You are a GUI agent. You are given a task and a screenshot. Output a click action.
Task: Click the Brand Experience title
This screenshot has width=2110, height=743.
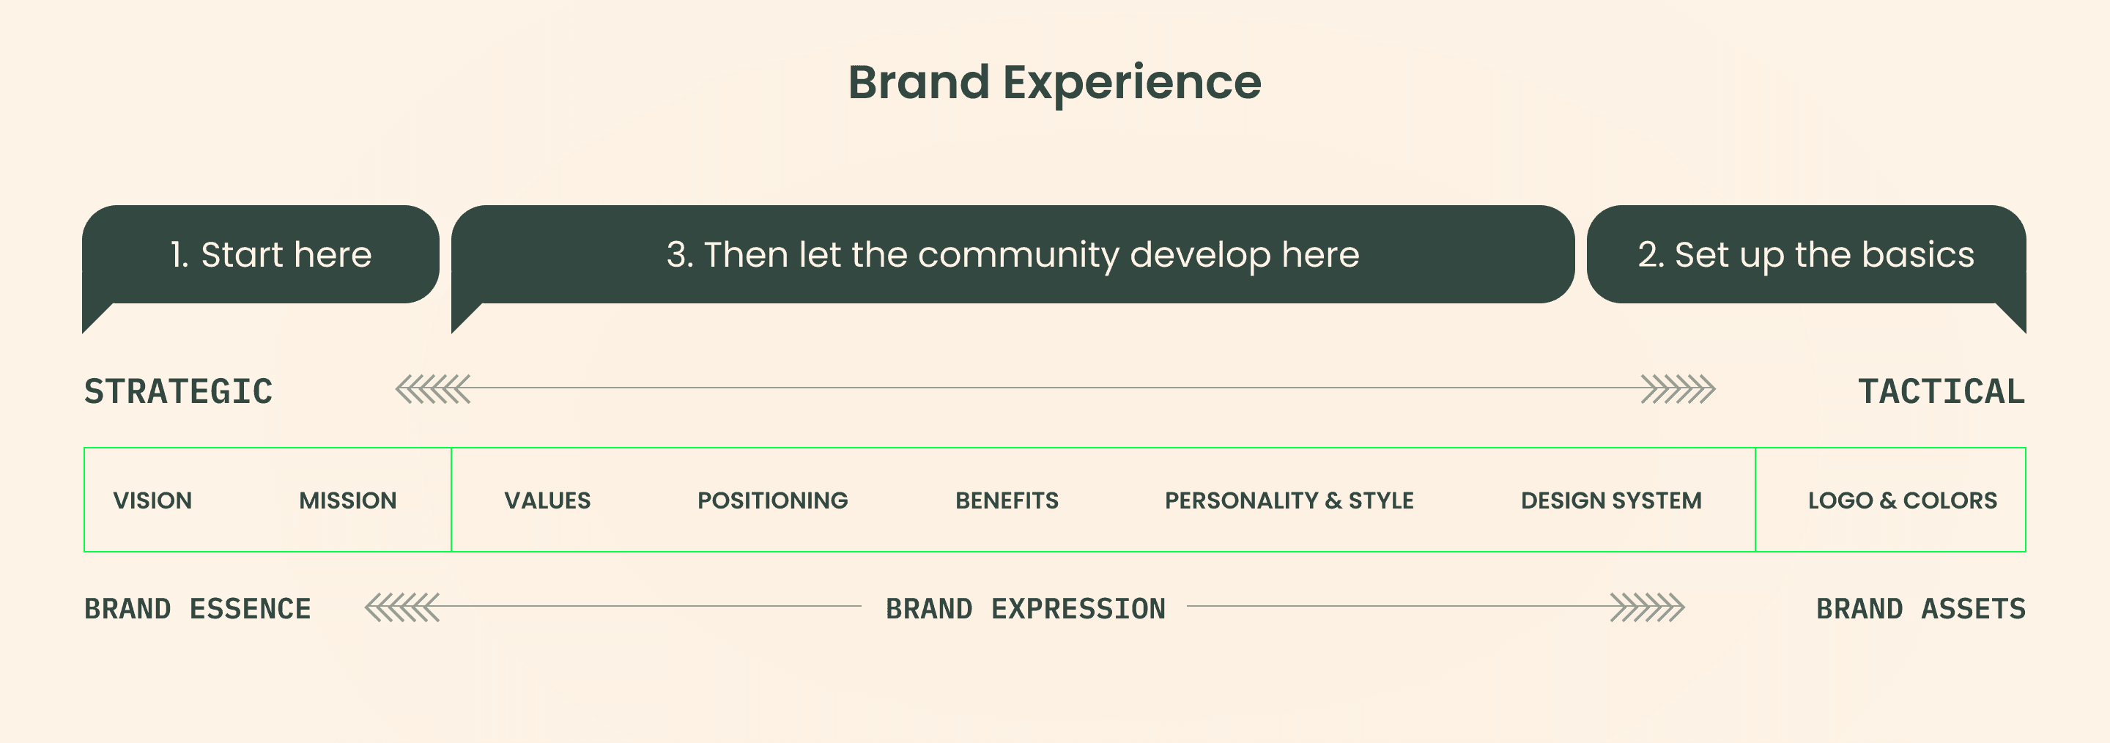click(x=1054, y=83)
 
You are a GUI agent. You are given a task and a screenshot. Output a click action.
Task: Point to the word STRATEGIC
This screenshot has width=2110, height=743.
click(x=179, y=391)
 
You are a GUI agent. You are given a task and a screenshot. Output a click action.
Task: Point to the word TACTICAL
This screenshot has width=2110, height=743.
click(x=1941, y=391)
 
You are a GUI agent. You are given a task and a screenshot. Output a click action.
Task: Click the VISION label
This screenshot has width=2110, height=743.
click(x=152, y=500)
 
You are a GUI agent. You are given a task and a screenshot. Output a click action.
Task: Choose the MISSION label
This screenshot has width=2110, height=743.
click(x=348, y=500)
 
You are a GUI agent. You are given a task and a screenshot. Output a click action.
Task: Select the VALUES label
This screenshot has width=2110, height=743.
click(x=547, y=500)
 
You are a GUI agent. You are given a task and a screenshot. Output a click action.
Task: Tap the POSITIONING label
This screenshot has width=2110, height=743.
click(x=772, y=500)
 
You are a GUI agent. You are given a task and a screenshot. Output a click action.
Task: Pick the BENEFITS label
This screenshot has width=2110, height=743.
click(x=1007, y=500)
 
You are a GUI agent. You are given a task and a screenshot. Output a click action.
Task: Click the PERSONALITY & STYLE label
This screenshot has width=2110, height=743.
click(x=1289, y=500)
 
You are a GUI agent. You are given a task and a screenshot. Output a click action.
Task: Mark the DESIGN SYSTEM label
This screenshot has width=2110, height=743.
click(x=1611, y=500)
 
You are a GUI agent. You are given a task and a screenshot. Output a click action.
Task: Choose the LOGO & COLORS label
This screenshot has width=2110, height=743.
click(x=1903, y=500)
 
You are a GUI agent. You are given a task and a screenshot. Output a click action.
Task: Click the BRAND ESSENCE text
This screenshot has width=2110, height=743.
click(x=197, y=610)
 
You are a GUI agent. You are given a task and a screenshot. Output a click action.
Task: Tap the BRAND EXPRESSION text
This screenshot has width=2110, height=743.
click(x=1026, y=610)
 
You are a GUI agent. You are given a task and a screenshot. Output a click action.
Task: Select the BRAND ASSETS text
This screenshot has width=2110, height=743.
click(x=1921, y=610)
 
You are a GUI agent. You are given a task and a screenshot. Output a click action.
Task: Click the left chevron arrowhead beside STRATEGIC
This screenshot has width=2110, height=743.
click(x=433, y=389)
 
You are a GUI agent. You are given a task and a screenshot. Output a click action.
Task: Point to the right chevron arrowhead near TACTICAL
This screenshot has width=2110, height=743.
click(x=1678, y=389)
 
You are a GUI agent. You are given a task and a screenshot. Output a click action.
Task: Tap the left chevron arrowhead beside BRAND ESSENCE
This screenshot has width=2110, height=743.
click(x=402, y=607)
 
